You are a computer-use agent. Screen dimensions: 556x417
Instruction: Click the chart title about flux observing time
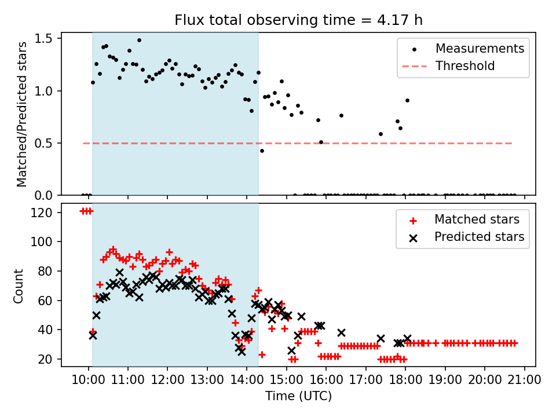coord(299,20)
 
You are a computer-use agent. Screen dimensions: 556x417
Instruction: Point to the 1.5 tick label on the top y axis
coord(43,38)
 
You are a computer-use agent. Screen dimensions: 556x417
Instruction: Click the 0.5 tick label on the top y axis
coord(43,143)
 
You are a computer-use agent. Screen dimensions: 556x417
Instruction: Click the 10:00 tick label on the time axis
coord(88,380)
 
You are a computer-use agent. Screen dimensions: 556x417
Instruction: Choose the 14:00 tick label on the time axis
coord(247,380)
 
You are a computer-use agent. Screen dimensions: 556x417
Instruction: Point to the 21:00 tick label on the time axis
coord(525,380)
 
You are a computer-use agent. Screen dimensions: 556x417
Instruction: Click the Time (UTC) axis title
coord(299,396)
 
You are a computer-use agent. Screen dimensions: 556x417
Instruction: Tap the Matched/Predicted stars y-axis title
coord(22,114)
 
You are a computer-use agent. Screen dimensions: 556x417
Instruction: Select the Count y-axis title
coord(19,286)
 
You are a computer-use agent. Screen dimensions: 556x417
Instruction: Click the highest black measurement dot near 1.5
coord(140,41)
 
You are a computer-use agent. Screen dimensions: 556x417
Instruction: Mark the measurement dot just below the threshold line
coord(262,151)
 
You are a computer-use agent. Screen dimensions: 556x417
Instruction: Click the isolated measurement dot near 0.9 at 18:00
coord(407,101)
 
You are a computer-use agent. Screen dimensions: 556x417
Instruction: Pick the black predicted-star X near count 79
coord(119,272)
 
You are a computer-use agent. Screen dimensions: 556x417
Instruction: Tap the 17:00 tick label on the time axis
coord(366,380)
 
